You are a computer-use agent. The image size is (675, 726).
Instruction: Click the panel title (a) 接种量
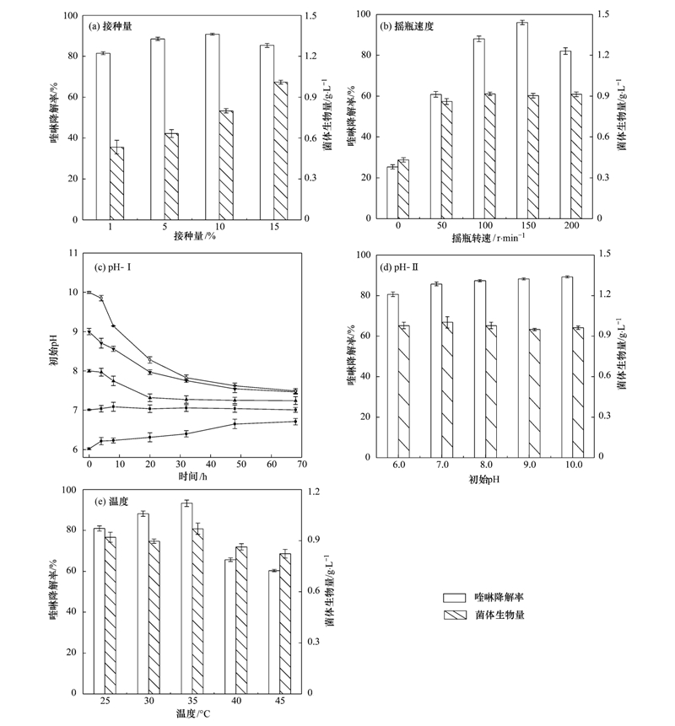pos(115,27)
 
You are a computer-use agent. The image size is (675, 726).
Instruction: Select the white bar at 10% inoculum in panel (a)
pos(212,126)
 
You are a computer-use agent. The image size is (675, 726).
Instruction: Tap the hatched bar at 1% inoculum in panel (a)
pos(116,183)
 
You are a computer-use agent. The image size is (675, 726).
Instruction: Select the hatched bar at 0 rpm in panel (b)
pos(402,190)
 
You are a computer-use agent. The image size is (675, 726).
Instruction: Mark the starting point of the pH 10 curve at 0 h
pos(89,293)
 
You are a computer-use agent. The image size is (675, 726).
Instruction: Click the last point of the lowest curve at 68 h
pos(295,422)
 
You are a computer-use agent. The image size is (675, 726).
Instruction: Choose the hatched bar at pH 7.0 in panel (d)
pos(447,390)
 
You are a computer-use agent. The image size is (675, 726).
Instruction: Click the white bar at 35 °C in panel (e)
pos(186,598)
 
